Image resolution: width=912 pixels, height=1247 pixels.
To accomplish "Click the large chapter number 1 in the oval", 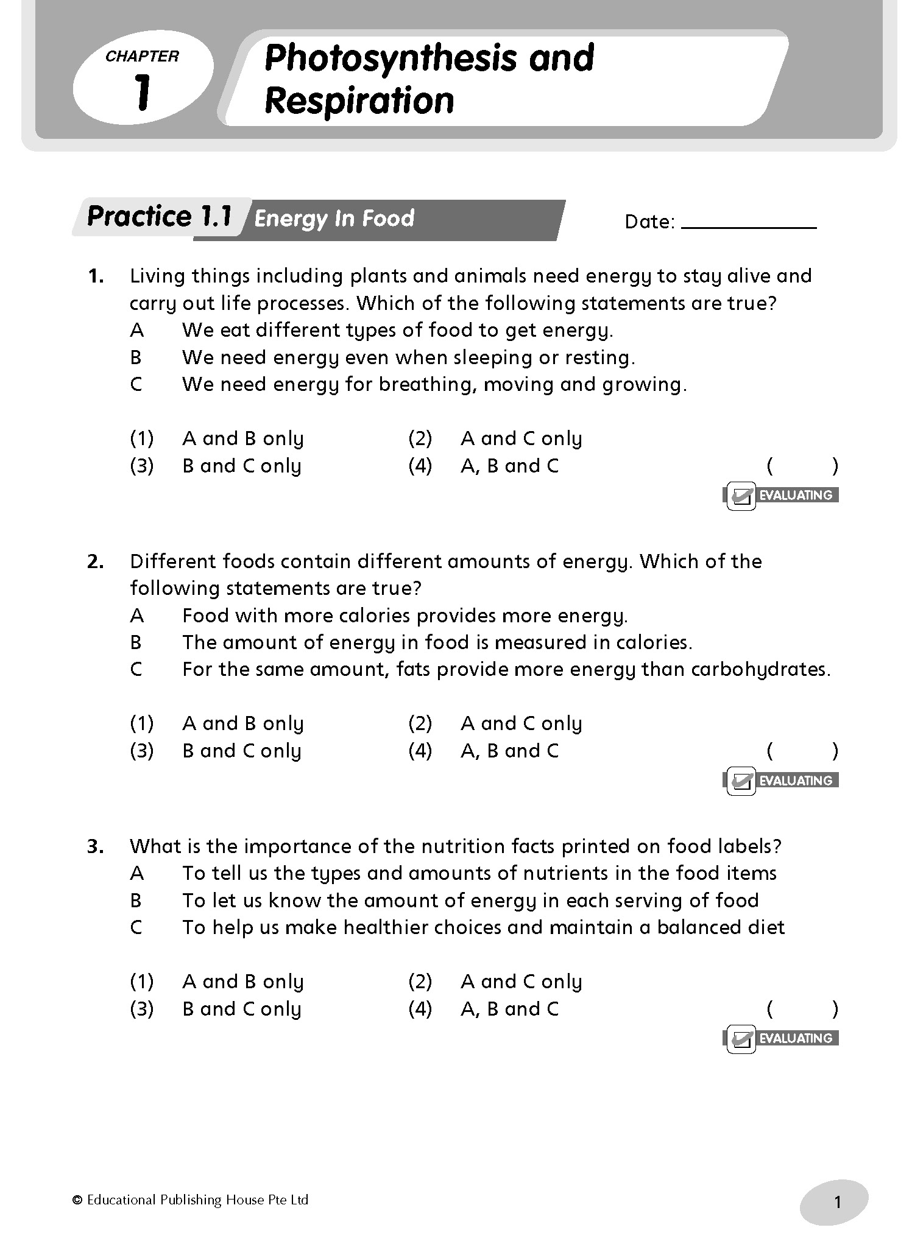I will coord(142,93).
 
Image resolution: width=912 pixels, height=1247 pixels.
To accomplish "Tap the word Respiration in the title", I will coord(359,101).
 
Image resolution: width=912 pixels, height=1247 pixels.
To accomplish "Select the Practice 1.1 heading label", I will coord(160,216).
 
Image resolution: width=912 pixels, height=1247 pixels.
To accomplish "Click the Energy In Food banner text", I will coord(334,219).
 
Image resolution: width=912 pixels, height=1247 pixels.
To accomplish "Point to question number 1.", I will coord(96,276).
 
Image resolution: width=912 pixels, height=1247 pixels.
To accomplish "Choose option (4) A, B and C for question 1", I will coord(509,466).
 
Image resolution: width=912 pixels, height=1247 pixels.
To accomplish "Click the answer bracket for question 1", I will coord(802,466).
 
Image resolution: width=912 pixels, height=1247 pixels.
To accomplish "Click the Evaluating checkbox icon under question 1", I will coord(741,496).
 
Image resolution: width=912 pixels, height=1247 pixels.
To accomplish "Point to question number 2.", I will coord(96,561).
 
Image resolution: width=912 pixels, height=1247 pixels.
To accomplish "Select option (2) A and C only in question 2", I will coord(521,724).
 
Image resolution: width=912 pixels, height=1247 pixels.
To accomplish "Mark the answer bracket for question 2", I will coord(802,751).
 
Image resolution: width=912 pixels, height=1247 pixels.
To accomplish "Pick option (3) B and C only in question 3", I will coord(242,1010).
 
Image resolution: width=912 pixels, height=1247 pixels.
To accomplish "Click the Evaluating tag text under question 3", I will coord(796,1038).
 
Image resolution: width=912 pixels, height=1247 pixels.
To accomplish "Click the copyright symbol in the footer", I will coord(77,1200).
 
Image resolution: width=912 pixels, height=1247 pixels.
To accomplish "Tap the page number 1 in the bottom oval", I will coord(837,1203).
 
